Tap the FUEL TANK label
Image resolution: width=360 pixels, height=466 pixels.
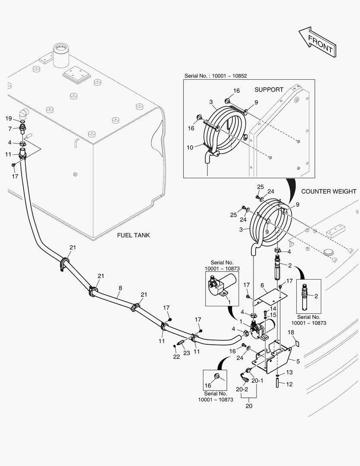coord(133,236)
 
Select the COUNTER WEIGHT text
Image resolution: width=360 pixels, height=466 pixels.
coord(329,191)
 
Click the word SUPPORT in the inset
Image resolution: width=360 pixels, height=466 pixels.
coord(269,90)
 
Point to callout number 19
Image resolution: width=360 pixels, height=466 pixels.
coord(8,119)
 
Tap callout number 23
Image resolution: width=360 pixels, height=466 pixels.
coord(186,353)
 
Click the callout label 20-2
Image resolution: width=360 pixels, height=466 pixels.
coord(241,389)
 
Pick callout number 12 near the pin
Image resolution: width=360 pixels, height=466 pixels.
coord(289,384)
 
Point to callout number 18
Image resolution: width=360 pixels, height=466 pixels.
coord(291,332)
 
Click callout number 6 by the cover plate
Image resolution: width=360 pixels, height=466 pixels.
coord(262,285)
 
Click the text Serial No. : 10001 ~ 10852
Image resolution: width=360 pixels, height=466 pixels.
coord(216,76)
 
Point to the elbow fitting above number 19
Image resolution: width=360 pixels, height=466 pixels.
coord(24,113)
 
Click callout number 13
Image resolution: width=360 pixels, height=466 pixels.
coord(289,372)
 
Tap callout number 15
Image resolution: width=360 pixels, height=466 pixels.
coord(273,315)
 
